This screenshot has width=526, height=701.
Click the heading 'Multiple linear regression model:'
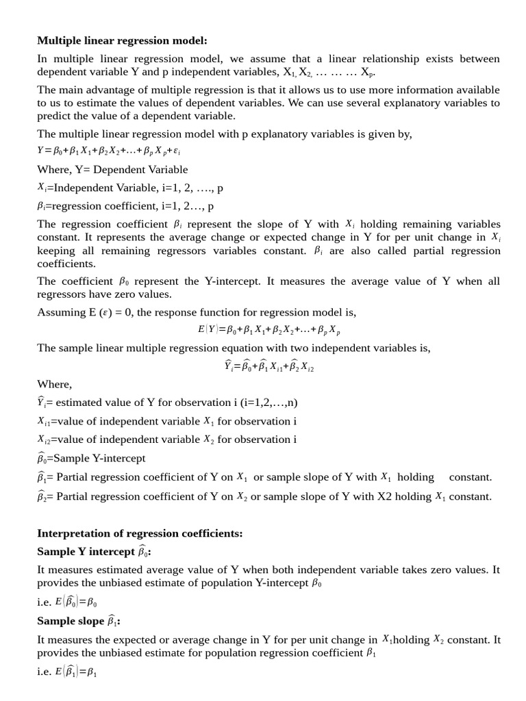point(121,40)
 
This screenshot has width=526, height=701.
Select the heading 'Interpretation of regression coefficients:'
point(140,533)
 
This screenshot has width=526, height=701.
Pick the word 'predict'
point(54,116)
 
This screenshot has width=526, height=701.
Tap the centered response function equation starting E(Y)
point(268,329)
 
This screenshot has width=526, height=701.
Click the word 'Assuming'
point(60,312)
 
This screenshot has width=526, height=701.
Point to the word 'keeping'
point(55,251)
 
